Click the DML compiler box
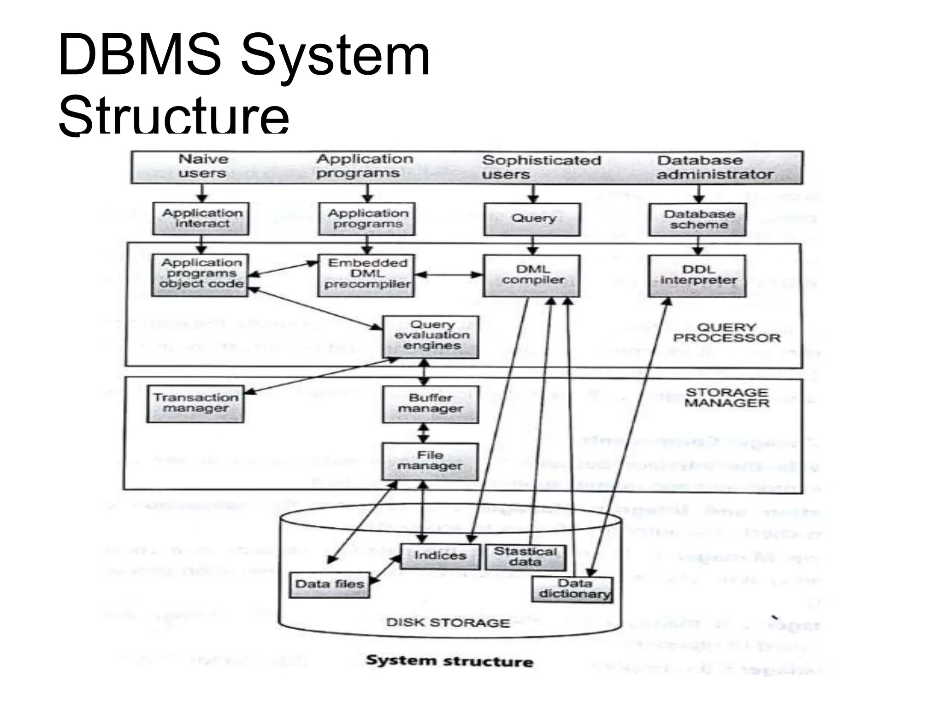coord(532,275)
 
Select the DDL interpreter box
coord(697,276)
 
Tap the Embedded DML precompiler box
coord(367,275)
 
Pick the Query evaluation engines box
coord(431,336)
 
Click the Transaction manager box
coord(195,404)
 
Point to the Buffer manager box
coord(431,404)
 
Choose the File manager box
coord(430,461)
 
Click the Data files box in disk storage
coord(330,584)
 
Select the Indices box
coord(440,556)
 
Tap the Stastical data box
coord(525,557)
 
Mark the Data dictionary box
coord(573,589)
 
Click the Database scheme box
coord(698,220)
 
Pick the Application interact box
coord(201,218)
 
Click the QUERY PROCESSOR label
coord(727,333)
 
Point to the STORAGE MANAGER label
coord(727,398)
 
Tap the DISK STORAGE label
coord(448,623)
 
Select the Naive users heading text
coord(203,166)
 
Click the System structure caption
coord(449,661)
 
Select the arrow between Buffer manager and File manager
coord(424,433)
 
